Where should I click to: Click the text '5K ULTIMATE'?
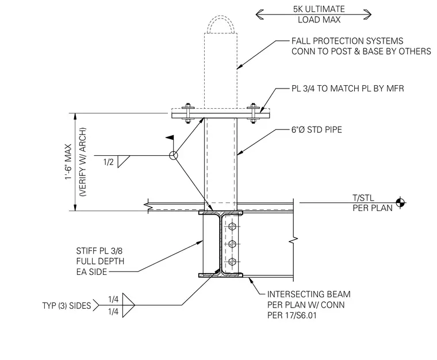tap(319, 9)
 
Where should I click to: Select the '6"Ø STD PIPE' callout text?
tap(317, 129)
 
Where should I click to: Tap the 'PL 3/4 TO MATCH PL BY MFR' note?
tap(347, 89)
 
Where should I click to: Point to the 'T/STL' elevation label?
tap(363, 198)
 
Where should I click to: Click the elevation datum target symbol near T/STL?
tap(401, 202)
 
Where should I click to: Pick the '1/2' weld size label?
tap(109, 162)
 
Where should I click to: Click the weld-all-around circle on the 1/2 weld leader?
tap(173, 155)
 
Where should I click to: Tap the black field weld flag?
tap(170, 137)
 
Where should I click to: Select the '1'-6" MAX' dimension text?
tap(68, 162)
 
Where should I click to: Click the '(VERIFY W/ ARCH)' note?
tap(83, 162)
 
